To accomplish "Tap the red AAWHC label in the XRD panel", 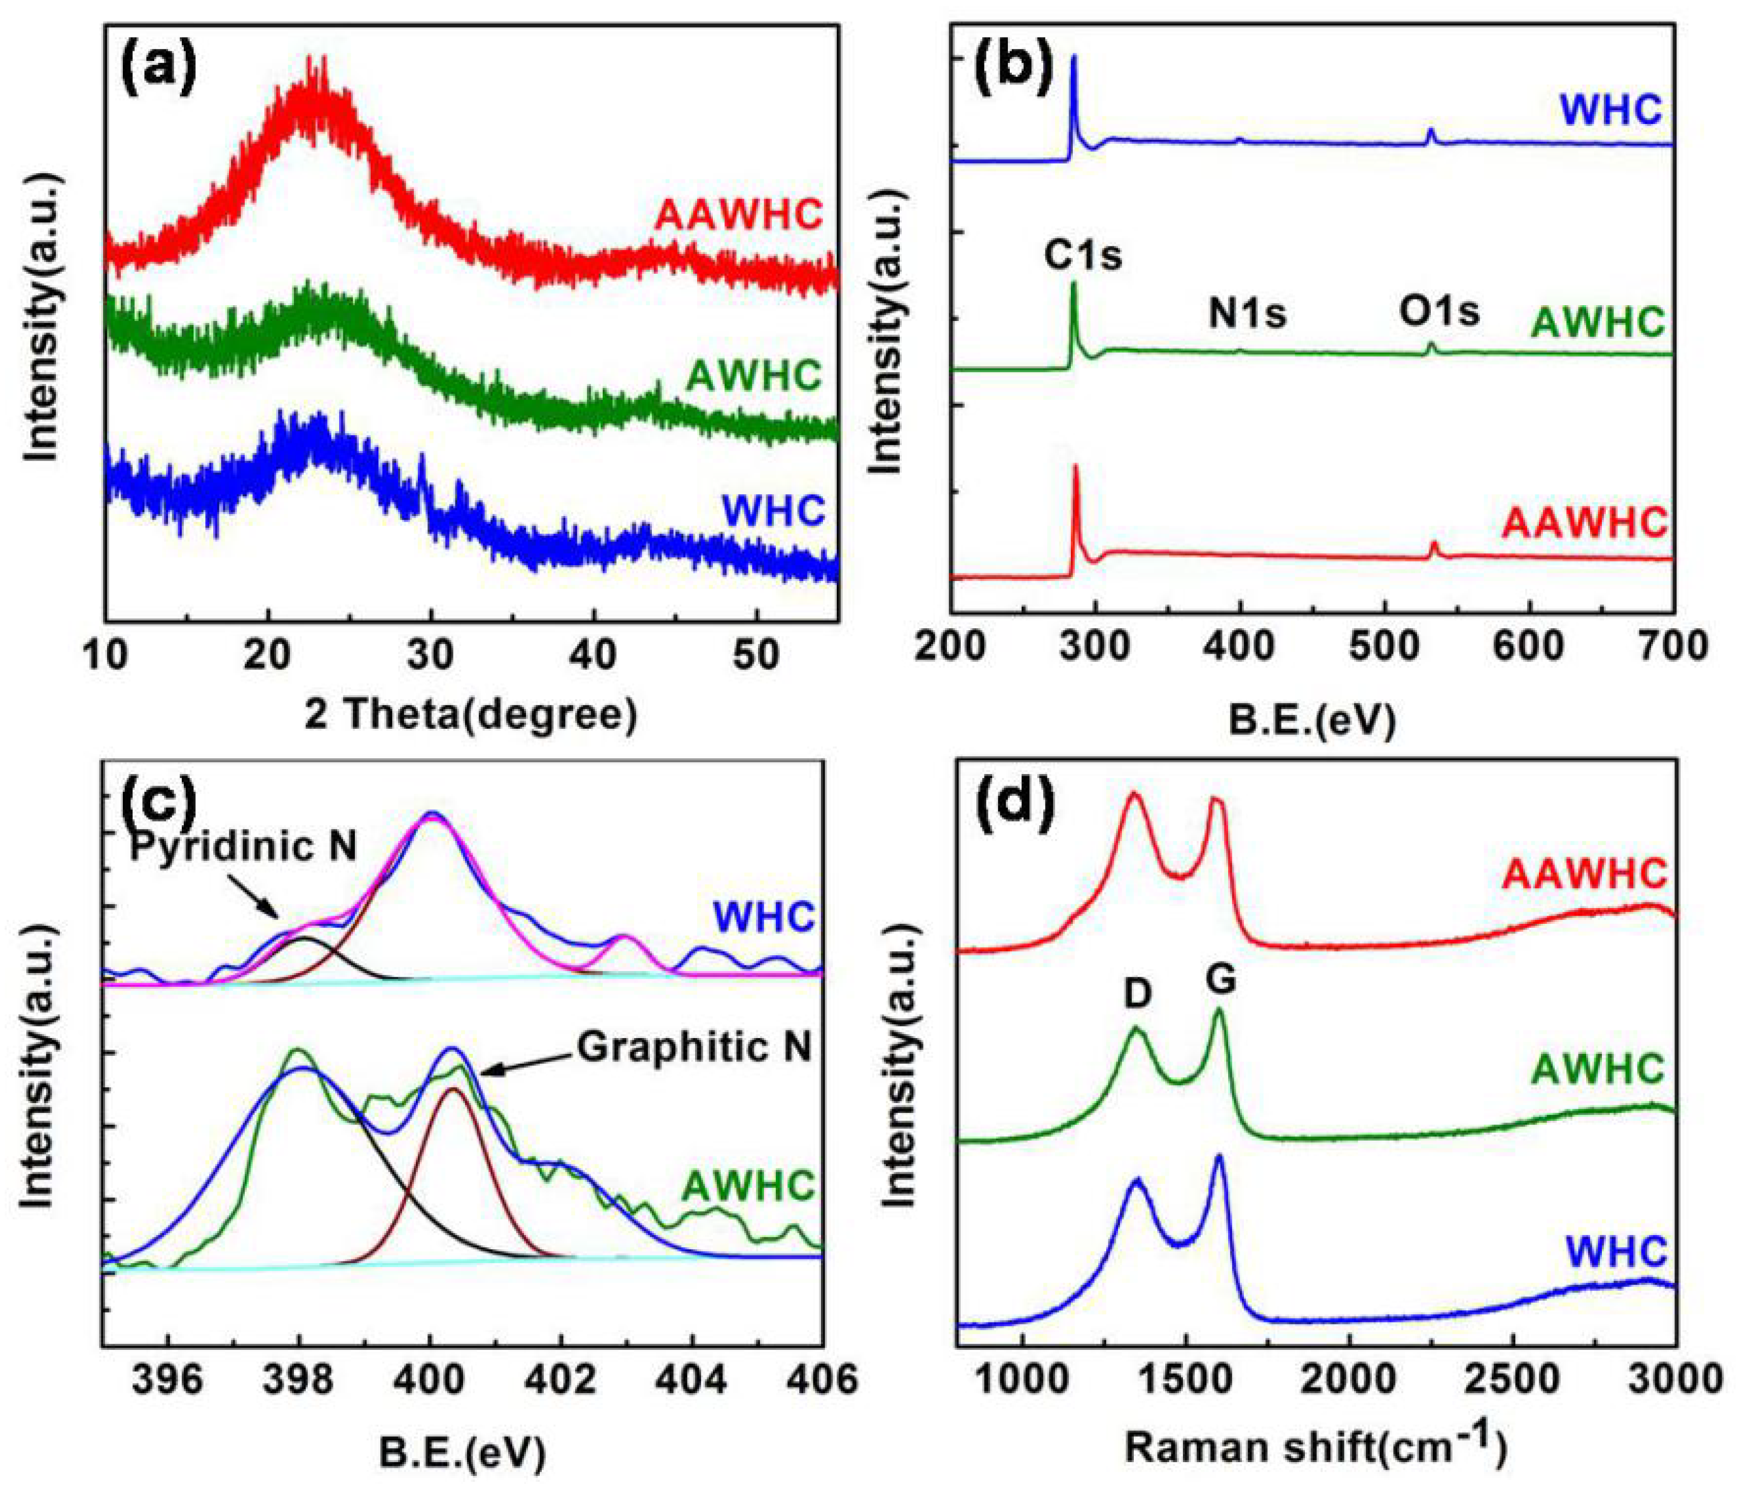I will (x=738, y=216).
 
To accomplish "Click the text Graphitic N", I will (x=694, y=1048).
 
